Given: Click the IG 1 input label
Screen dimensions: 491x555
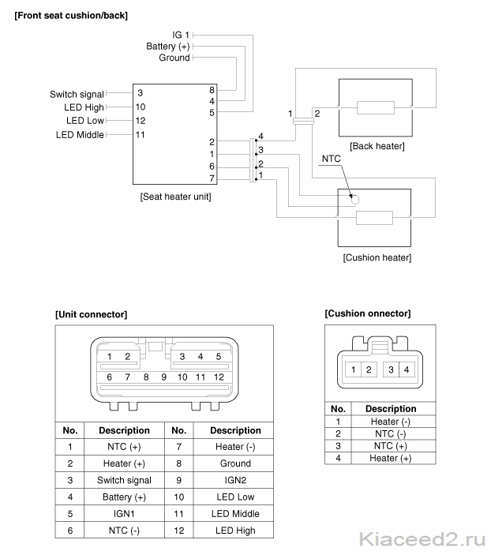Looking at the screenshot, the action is (181, 35).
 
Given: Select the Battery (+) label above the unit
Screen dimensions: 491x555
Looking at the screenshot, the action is (168, 47).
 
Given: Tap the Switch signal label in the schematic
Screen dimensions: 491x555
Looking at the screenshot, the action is (77, 95).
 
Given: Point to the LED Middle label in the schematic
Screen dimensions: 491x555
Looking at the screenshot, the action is (80, 135).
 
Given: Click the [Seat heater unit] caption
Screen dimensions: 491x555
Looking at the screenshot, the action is (175, 197).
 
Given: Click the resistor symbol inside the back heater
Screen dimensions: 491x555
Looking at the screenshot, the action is (376, 107).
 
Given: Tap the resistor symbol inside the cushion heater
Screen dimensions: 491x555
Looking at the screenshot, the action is (374, 218).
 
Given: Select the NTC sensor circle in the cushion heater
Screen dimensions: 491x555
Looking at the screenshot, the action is (355, 200).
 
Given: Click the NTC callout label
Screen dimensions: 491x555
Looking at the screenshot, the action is (331, 159).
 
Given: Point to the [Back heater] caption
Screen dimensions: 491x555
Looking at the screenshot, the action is (377, 146).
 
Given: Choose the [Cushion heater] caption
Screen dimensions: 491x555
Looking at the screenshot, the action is (377, 257).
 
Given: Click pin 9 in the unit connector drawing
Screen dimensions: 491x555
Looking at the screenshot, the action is (163, 377).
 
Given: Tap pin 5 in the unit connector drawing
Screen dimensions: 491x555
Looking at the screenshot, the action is (219, 356).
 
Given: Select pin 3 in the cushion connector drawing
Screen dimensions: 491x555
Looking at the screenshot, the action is (391, 370).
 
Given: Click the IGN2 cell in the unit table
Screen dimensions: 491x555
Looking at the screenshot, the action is (235, 480).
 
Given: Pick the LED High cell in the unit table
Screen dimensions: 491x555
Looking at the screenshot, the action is (235, 531).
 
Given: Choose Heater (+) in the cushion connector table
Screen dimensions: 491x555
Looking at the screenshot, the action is (391, 459).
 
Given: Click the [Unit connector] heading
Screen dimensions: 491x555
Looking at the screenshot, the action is (91, 315).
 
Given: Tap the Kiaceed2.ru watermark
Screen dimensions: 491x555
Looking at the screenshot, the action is (422, 540).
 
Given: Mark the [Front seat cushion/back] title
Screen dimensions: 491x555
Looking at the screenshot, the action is (71, 16).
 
